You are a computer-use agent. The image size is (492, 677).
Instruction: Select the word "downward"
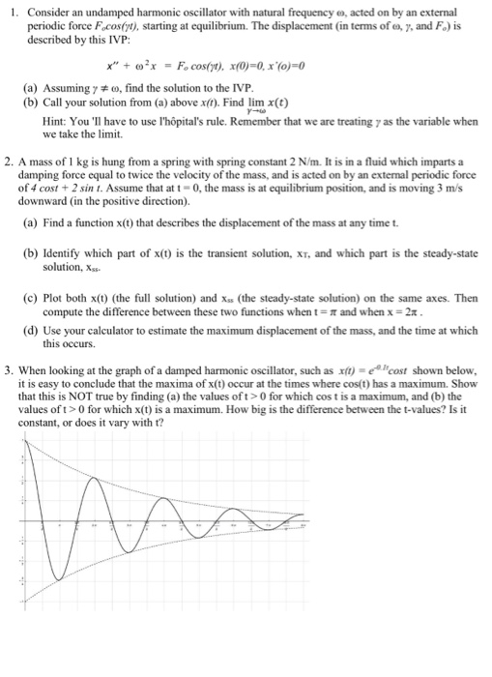click(55, 204)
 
